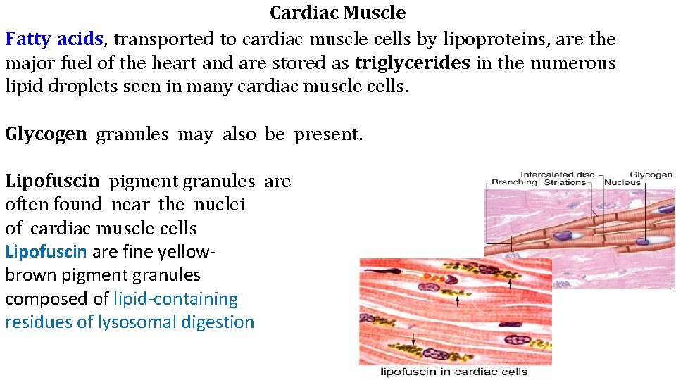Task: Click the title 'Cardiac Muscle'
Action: pyautogui.click(x=338, y=13)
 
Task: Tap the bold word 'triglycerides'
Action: pyautogui.click(x=413, y=63)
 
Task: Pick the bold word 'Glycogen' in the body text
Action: pyautogui.click(x=46, y=134)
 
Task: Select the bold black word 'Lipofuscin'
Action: pyautogui.click(x=53, y=182)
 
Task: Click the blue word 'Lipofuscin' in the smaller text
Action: pyautogui.click(x=46, y=251)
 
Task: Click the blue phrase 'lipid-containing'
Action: pyautogui.click(x=175, y=299)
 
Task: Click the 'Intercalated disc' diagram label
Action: pyautogui.click(x=557, y=174)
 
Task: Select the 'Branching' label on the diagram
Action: pyautogui.click(x=515, y=182)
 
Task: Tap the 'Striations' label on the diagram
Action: pyautogui.click(x=565, y=182)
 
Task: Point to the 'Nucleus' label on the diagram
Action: pyautogui.click(x=622, y=182)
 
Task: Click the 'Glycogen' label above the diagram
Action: pyautogui.click(x=651, y=174)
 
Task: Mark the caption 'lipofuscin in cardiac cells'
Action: pyautogui.click(x=454, y=372)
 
